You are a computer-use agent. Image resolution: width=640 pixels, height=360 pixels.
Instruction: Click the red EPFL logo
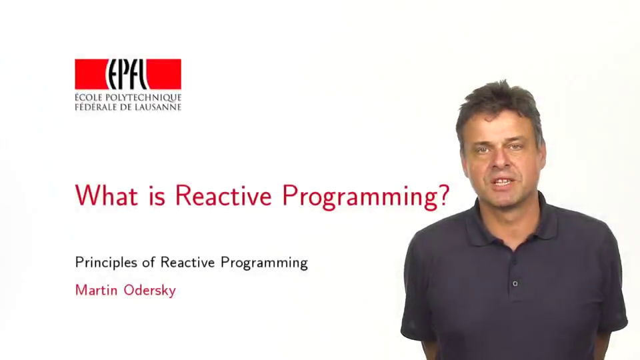pyautogui.click(x=128, y=74)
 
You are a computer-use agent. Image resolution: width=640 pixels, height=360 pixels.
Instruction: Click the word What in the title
pyautogui.click(x=107, y=195)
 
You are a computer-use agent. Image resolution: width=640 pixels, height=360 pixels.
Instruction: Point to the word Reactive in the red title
pyautogui.click(x=223, y=195)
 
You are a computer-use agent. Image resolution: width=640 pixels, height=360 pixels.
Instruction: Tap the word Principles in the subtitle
pyautogui.click(x=106, y=263)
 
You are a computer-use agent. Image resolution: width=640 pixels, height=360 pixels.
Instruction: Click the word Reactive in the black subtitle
pyautogui.click(x=187, y=262)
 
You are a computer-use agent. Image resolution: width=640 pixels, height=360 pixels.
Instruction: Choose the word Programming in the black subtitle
pyautogui.click(x=264, y=263)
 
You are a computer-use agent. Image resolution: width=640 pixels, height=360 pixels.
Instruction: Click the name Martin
pyautogui.click(x=96, y=290)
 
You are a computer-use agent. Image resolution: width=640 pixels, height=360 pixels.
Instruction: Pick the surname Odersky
pyautogui.click(x=150, y=290)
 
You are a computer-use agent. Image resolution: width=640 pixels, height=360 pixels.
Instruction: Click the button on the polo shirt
pyautogui.click(x=515, y=283)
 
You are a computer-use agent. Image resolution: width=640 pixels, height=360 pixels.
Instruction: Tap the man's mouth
pyautogui.click(x=503, y=181)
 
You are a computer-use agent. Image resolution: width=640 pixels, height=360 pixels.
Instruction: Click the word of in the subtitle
pyautogui.click(x=149, y=262)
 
